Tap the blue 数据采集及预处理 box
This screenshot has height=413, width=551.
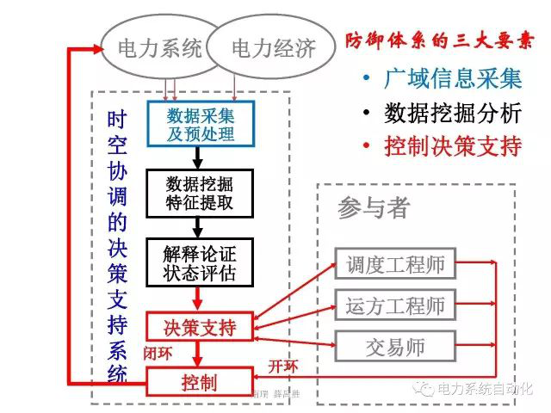[200, 124]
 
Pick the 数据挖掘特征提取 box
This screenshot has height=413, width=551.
[200, 194]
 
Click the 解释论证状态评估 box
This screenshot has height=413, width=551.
[200, 262]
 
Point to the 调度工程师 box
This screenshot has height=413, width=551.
[395, 264]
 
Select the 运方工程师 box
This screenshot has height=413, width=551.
[395, 305]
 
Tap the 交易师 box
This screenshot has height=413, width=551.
[395, 347]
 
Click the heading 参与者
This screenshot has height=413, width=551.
[373, 207]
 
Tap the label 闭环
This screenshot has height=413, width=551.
[158, 353]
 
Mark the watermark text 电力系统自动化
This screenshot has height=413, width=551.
[486, 388]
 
